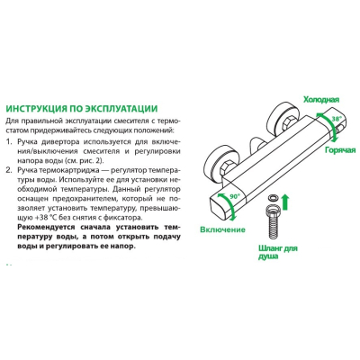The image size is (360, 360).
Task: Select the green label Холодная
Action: pos(321,100)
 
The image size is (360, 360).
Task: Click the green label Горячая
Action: pos(340,150)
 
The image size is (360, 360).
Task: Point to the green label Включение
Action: pos(222,229)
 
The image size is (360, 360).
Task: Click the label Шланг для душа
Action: pos(278,252)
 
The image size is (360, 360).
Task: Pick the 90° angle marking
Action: pos(236,197)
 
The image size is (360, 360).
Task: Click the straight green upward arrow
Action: pos(285,202)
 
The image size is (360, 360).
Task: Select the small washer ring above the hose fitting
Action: pos(273,198)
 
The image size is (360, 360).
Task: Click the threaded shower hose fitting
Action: pos(273,221)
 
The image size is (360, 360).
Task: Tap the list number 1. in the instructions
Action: pos(10,141)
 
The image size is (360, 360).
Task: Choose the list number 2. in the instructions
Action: pos(10,170)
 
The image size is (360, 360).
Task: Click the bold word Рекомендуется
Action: pos(43,227)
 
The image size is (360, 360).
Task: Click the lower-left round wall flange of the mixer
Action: pos(221,162)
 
